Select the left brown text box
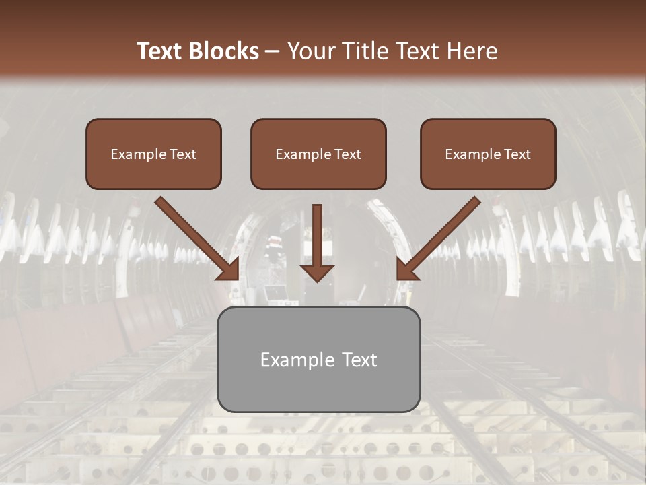(x=153, y=154)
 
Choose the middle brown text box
(x=318, y=154)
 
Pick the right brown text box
(x=488, y=154)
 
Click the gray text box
(x=318, y=359)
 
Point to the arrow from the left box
(x=192, y=234)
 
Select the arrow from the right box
(x=444, y=234)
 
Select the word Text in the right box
(x=518, y=154)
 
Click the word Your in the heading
(x=308, y=51)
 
